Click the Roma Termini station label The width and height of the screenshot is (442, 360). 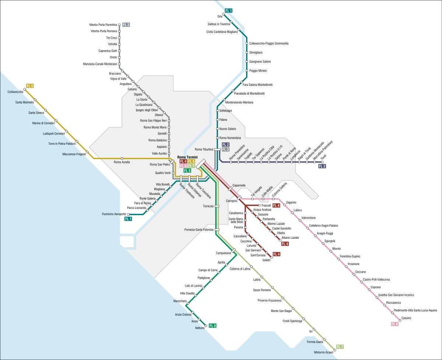click(x=187, y=157)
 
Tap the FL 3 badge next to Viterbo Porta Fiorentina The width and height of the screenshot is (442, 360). click(x=126, y=25)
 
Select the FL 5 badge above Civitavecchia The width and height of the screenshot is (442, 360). click(x=30, y=86)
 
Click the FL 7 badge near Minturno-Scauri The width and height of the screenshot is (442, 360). click(x=340, y=347)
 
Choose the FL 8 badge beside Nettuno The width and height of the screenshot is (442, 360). click(x=213, y=325)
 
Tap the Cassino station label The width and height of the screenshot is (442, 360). click(x=406, y=318)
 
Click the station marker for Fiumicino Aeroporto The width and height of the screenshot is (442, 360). click(x=128, y=214)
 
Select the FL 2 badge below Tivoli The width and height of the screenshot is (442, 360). click(x=322, y=166)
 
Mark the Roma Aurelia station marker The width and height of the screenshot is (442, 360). click(x=122, y=158)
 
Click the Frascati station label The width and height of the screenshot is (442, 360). click(x=266, y=205)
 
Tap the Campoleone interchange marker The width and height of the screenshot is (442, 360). click(x=234, y=251)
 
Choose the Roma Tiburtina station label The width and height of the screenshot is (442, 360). click(x=204, y=149)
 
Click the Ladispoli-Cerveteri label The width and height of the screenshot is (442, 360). click(x=54, y=133)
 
